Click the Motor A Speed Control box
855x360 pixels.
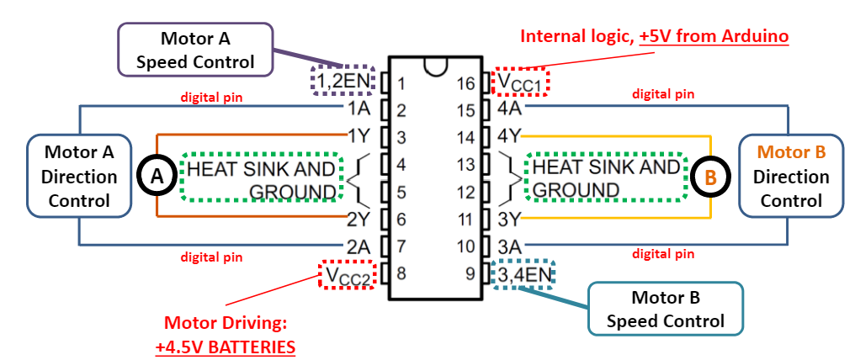click(x=195, y=50)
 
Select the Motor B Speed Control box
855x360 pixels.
click(x=665, y=309)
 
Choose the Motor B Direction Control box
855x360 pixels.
click(x=790, y=177)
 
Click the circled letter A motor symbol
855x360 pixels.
click(x=157, y=176)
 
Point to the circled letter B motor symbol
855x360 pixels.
click(x=710, y=177)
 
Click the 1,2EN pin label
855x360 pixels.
click(x=342, y=82)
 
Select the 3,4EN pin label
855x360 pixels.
click(x=523, y=274)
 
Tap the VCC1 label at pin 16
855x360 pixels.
click(x=520, y=82)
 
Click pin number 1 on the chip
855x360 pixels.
click(x=401, y=83)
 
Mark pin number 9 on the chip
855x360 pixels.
click(x=470, y=273)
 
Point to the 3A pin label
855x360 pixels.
click(x=508, y=246)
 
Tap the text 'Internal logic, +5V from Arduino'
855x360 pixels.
click(x=654, y=37)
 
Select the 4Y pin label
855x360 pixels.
click(x=512, y=135)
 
